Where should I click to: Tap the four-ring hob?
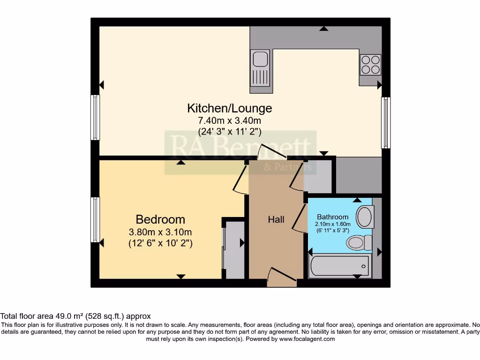370,65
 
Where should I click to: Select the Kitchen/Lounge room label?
229,108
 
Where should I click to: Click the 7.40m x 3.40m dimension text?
229,121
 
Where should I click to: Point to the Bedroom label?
160,219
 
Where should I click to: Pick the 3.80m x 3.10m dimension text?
160,232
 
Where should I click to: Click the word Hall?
276,219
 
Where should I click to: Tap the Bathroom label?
333,217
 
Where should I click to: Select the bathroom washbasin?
364,217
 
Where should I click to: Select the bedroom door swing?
241,180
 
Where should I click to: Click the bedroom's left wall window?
95,219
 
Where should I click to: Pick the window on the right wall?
386,122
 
